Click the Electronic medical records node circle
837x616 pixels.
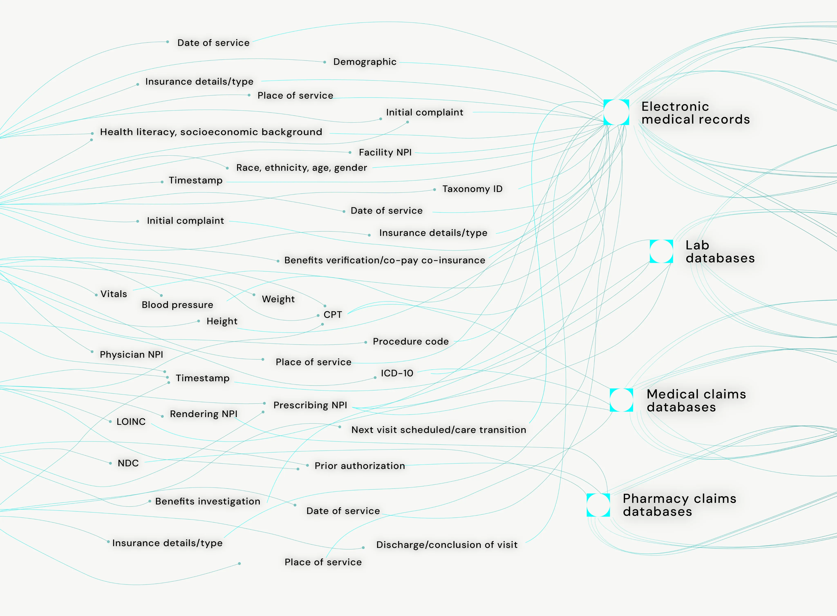click(616, 112)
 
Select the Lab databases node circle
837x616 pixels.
click(661, 251)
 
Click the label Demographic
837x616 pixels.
click(365, 62)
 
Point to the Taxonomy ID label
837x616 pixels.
click(473, 189)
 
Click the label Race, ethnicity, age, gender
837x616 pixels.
click(302, 168)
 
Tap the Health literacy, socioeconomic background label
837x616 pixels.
click(211, 132)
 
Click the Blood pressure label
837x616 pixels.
click(178, 305)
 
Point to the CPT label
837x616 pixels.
click(333, 315)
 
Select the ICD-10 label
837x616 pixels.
click(397, 373)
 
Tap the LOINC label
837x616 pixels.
click(131, 422)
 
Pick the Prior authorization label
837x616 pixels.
click(360, 466)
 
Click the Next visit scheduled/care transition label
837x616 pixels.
click(439, 430)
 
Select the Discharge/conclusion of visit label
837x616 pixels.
click(447, 545)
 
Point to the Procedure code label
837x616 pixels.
click(411, 341)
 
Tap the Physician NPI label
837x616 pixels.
click(131, 355)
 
